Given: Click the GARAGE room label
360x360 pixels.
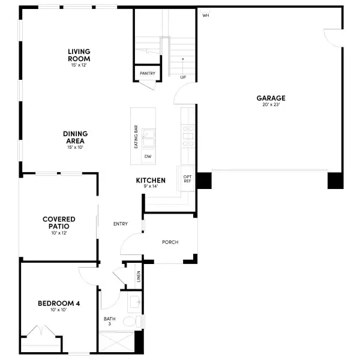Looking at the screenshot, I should pos(271,98).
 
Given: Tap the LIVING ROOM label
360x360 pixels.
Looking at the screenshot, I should pos(79,55).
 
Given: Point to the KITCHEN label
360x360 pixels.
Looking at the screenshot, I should pos(151,180).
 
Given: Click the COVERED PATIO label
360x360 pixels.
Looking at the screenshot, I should pos(59,223).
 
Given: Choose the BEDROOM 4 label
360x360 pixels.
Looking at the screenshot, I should pos(59,303).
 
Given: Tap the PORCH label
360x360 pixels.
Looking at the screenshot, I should pos(170,242).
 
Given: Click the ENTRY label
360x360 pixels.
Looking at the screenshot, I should pos(121,224).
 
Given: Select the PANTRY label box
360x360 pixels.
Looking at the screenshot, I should pos(147,74).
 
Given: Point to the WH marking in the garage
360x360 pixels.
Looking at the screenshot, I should pos(206,16).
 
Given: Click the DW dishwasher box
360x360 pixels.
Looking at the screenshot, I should pos(148,157).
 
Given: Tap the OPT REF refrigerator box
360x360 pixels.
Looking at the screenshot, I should pos(187,178).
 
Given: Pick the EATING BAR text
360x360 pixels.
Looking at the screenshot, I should pos(136,137).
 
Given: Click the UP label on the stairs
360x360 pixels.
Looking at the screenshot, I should pos(184,77).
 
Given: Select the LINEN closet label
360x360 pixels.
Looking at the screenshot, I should pos(139,277).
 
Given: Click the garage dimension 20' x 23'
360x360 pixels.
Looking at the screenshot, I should pos(271,105).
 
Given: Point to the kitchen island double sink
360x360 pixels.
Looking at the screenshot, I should pos(148,137).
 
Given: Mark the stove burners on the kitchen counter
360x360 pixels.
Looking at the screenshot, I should pos(188,136).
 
